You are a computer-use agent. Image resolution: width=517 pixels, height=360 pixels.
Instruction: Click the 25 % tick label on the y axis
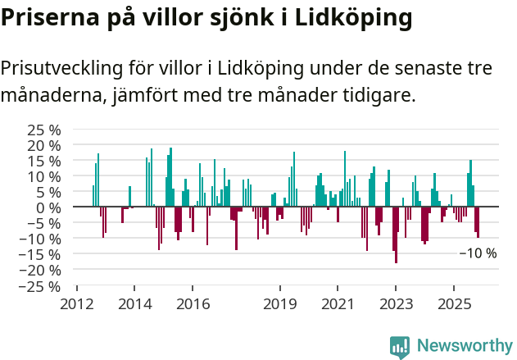click(x=43, y=130)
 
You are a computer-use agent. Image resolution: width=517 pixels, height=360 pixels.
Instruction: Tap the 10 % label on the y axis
click(x=43, y=176)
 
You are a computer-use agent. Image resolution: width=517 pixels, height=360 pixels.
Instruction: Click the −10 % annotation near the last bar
click(x=478, y=253)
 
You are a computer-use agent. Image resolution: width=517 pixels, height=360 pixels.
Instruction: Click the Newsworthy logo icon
click(x=400, y=346)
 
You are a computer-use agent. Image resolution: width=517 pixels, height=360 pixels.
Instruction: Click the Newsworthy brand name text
click(x=464, y=346)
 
